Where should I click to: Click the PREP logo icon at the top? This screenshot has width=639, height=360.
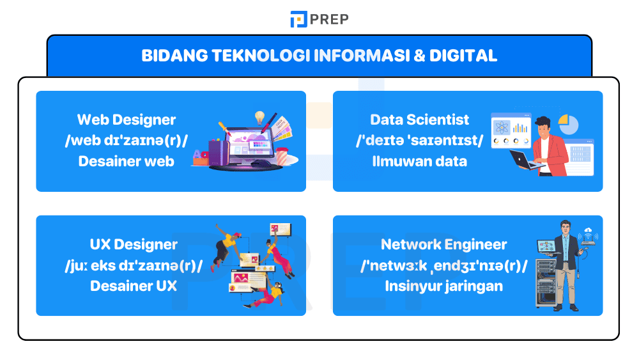pos(298,19)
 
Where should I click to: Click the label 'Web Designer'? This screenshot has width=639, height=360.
pos(127,120)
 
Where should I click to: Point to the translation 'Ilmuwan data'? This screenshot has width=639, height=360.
pos(419,161)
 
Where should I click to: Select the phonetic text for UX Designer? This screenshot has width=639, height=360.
pos(134,265)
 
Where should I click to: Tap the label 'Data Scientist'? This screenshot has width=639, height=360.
pos(419,120)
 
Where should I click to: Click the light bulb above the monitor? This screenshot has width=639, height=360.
pos(259,118)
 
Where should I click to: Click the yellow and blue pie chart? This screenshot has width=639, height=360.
pos(568,124)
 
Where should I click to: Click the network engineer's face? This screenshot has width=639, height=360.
pos(565,228)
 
